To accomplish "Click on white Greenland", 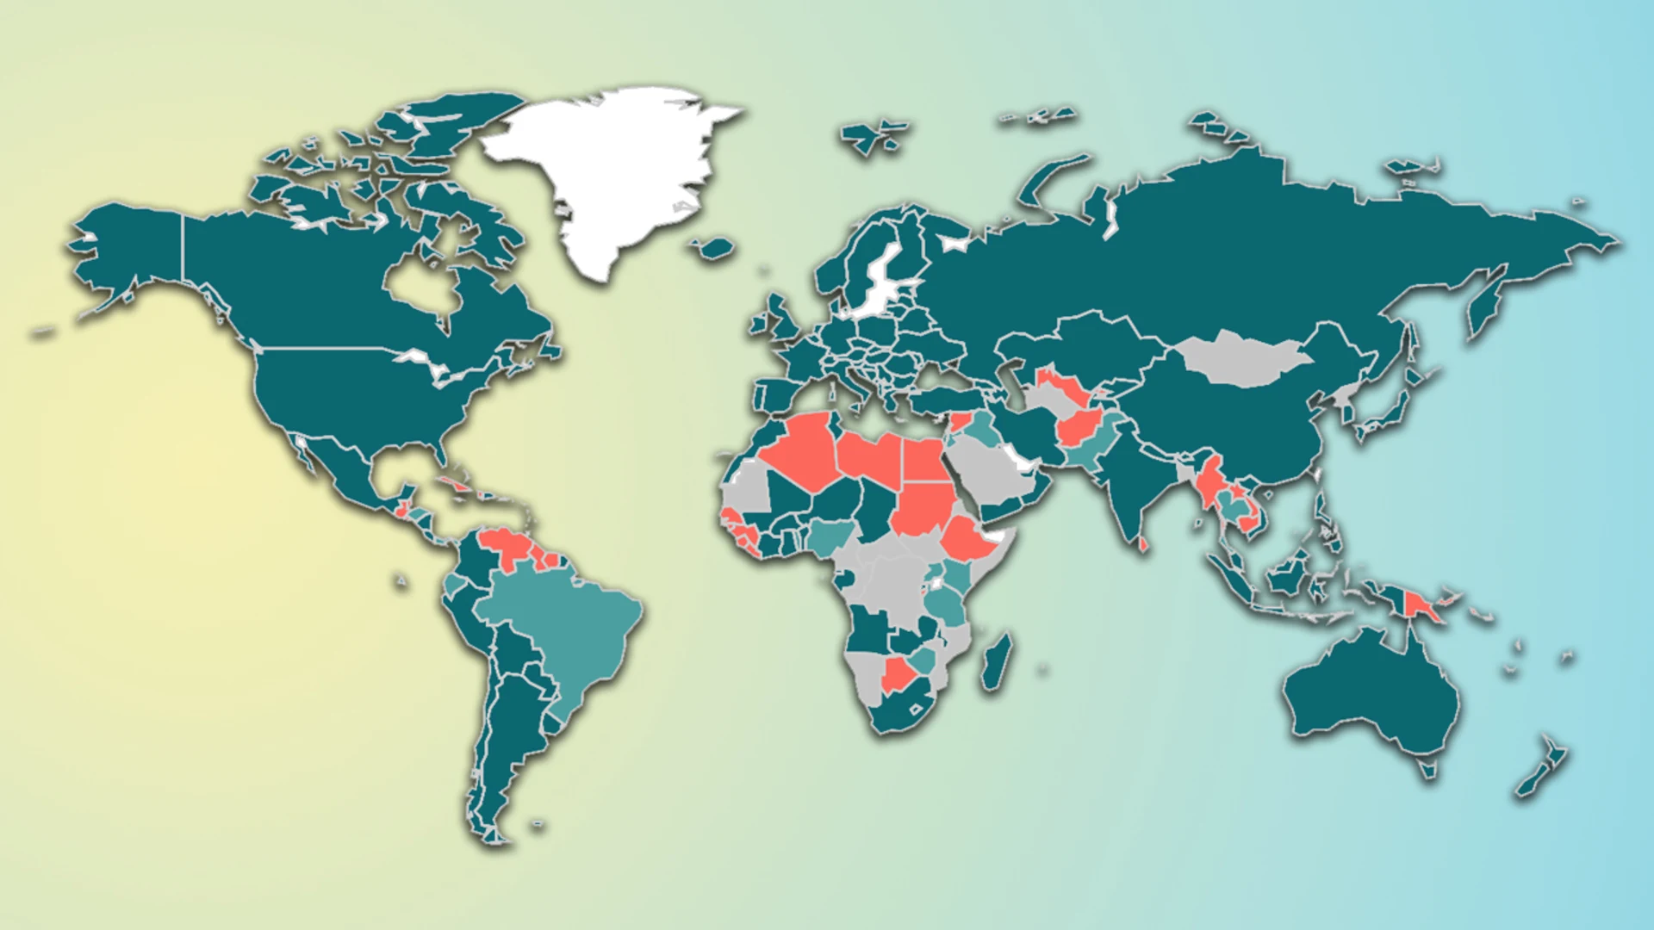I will tap(612, 172).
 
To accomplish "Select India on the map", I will tap(1137, 482).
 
